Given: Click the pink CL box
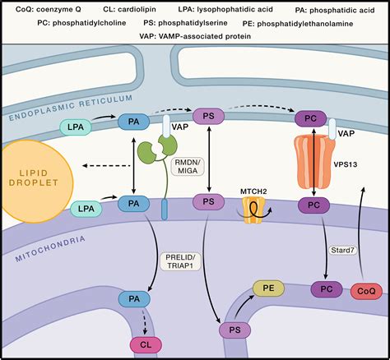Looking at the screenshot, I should pyautogui.click(x=145, y=345).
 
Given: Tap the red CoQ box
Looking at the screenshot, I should pyautogui.click(x=367, y=291).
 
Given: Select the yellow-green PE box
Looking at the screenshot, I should pyautogui.click(x=267, y=288).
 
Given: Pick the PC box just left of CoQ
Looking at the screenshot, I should pyautogui.click(x=326, y=289).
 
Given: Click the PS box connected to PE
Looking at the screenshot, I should pyautogui.click(x=234, y=330).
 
